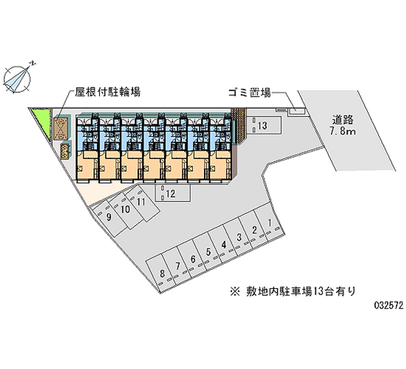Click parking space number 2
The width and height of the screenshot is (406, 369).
click(254, 230)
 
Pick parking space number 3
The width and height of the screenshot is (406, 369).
click(239, 237)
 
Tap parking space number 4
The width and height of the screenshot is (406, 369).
click(223, 245)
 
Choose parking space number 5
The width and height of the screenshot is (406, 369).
click(208, 251)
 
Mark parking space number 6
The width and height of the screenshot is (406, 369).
click(193, 259)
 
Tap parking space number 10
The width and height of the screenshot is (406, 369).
click(125, 210)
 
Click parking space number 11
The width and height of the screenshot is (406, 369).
click(141, 202)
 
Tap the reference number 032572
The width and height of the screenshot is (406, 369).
click(387, 307)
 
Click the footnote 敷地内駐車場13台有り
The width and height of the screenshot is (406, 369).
click(293, 291)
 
